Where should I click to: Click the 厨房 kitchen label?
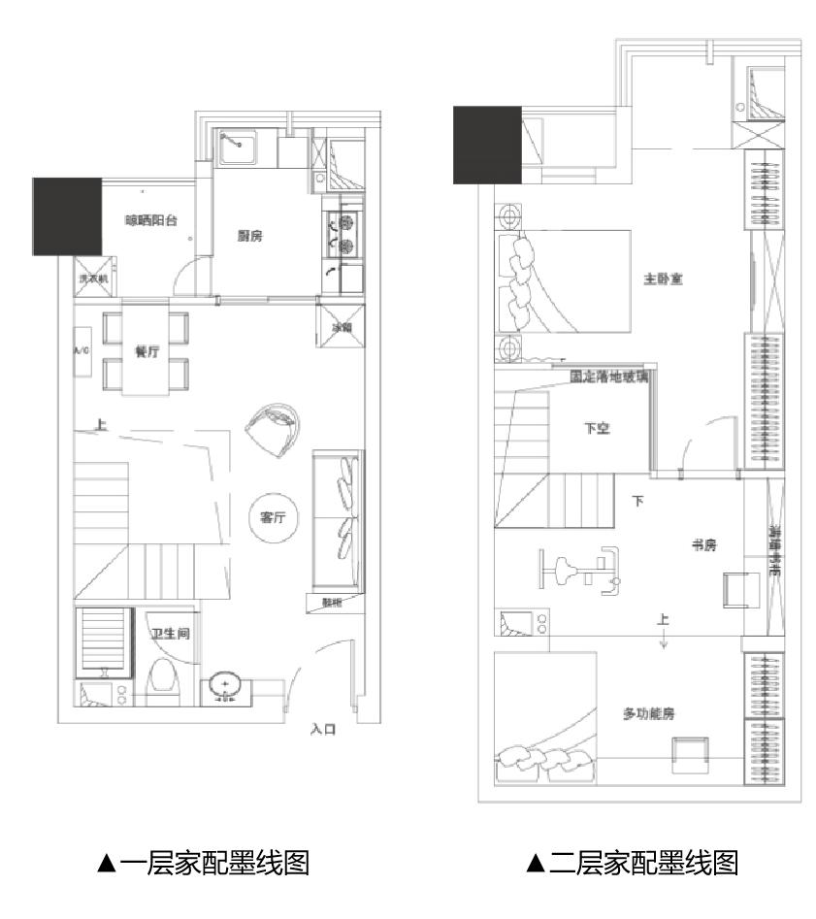click(251, 236)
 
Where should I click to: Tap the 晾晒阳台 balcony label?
click(151, 220)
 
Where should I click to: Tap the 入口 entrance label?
click(323, 728)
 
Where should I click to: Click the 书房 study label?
click(702, 545)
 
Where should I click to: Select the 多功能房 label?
click(648, 713)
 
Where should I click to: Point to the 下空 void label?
click(596, 428)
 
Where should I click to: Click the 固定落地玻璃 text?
click(609, 376)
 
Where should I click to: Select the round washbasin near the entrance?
click(225, 687)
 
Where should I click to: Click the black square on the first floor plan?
click(68, 216)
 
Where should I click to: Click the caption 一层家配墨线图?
click(203, 862)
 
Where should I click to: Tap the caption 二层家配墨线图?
click(633, 862)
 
